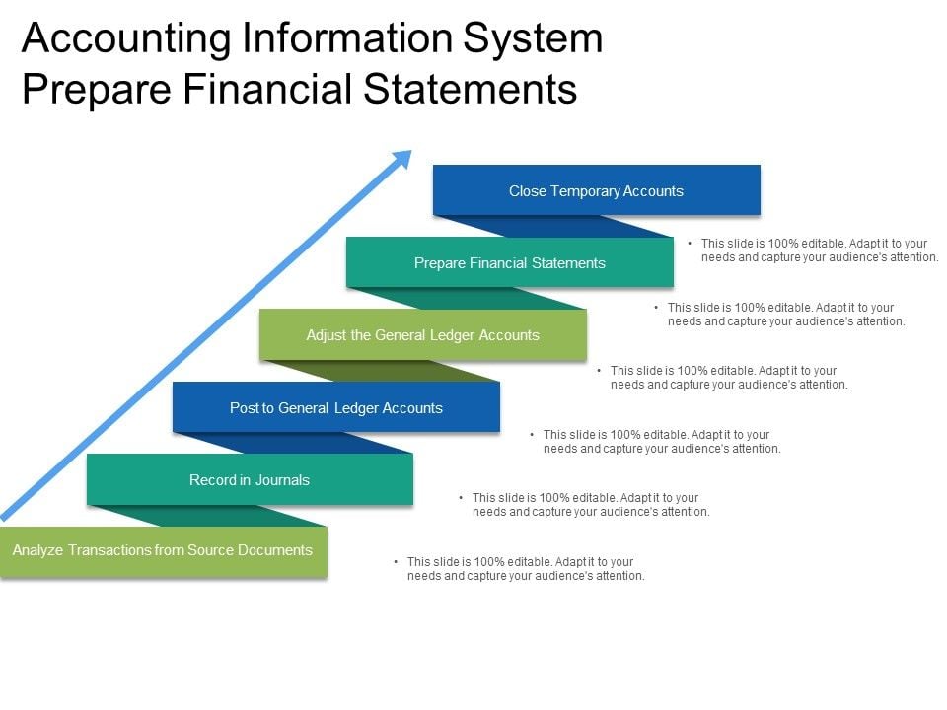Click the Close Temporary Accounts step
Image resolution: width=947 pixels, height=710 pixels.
coord(596,190)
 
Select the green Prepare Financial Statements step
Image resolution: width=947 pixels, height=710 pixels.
coord(509,263)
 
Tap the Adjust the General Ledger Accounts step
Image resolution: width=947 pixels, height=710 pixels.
coord(422,335)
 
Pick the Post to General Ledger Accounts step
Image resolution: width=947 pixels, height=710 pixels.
coord(335,408)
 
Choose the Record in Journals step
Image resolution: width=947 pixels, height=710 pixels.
coord(249,480)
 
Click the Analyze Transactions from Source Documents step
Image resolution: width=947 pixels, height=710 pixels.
coord(162,550)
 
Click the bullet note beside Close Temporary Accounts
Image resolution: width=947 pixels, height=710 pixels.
coord(819,249)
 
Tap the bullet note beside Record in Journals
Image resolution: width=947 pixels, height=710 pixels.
coord(590,505)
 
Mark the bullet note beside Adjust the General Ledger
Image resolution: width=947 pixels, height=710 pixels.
coord(728,378)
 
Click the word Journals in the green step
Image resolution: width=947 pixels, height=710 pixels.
coord(282,480)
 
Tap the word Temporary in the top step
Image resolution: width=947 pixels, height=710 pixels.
coord(589,190)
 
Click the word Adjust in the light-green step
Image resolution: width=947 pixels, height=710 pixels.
coord(326,335)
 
